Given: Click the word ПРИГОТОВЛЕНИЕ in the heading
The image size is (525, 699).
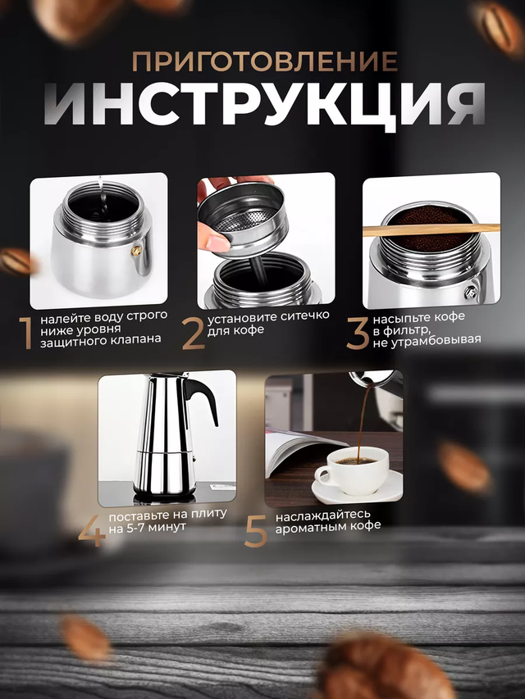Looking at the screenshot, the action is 265,61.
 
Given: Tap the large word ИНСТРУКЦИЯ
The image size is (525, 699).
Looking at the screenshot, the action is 264,104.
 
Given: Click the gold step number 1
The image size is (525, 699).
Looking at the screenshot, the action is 26,333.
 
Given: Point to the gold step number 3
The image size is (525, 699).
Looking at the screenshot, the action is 358,333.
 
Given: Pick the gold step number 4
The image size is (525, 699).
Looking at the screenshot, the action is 92,530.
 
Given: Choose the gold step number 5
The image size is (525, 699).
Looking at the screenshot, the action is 256,530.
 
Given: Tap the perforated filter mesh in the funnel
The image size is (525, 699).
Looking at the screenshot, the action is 245,220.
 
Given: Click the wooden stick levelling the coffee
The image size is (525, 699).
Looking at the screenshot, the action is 431,229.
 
